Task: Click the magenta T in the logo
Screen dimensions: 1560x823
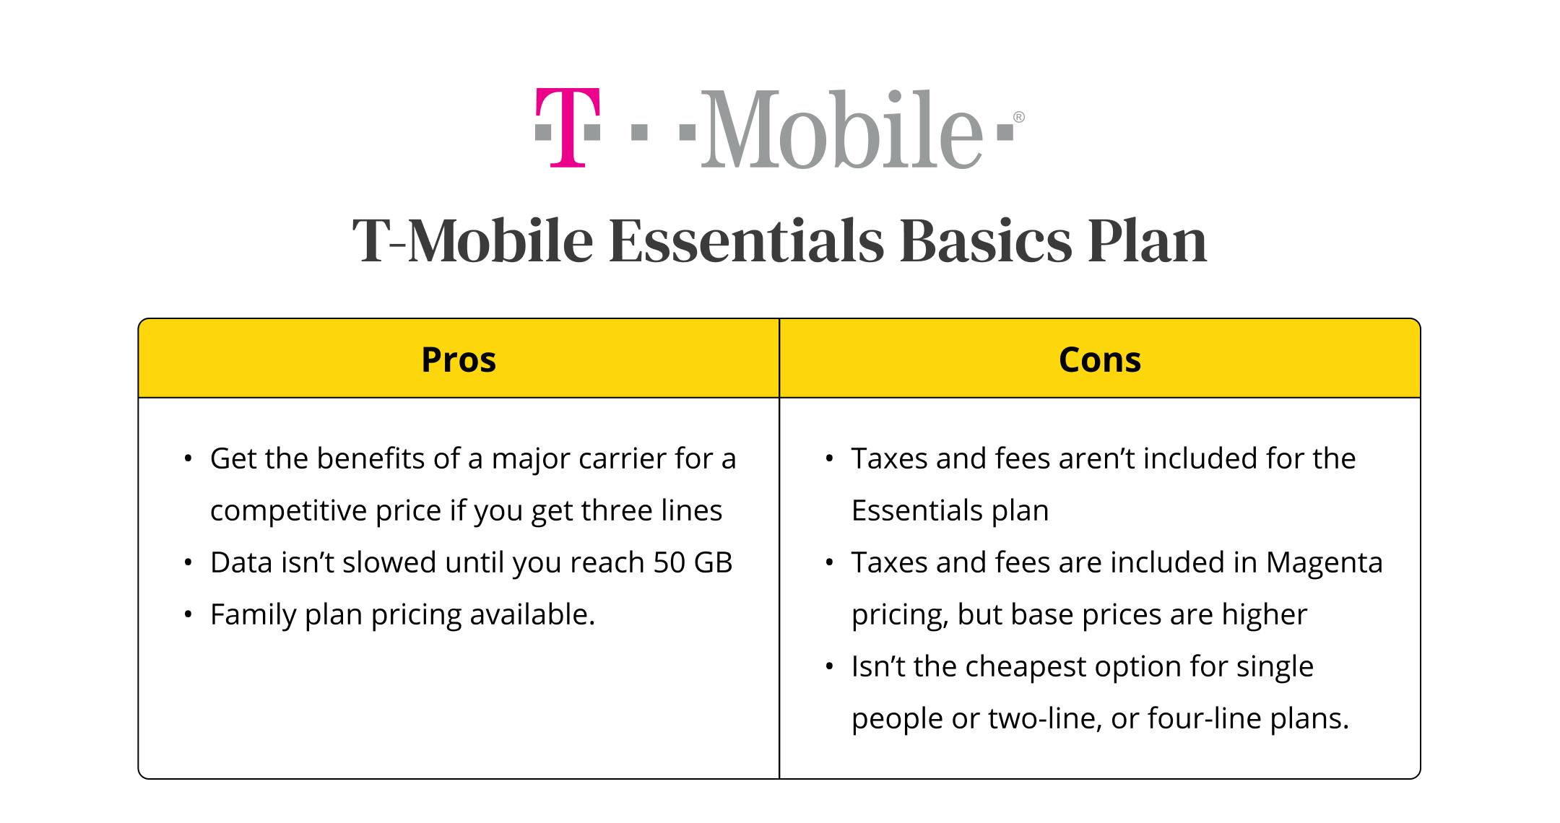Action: pos(568,128)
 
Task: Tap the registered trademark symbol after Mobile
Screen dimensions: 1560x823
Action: pos(1018,117)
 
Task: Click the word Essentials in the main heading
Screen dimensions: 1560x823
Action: pos(746,241)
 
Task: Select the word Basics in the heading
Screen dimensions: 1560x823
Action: pos(986,241)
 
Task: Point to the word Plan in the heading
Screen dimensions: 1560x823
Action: pos(1148,241)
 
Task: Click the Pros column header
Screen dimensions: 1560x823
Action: pos(459,360)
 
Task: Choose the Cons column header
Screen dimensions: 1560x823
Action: pos(1100,360)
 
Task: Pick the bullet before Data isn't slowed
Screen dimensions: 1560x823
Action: pos(188,563)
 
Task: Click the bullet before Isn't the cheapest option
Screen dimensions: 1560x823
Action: pos(829,667)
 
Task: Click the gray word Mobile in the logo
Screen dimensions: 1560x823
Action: pos(841,129)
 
